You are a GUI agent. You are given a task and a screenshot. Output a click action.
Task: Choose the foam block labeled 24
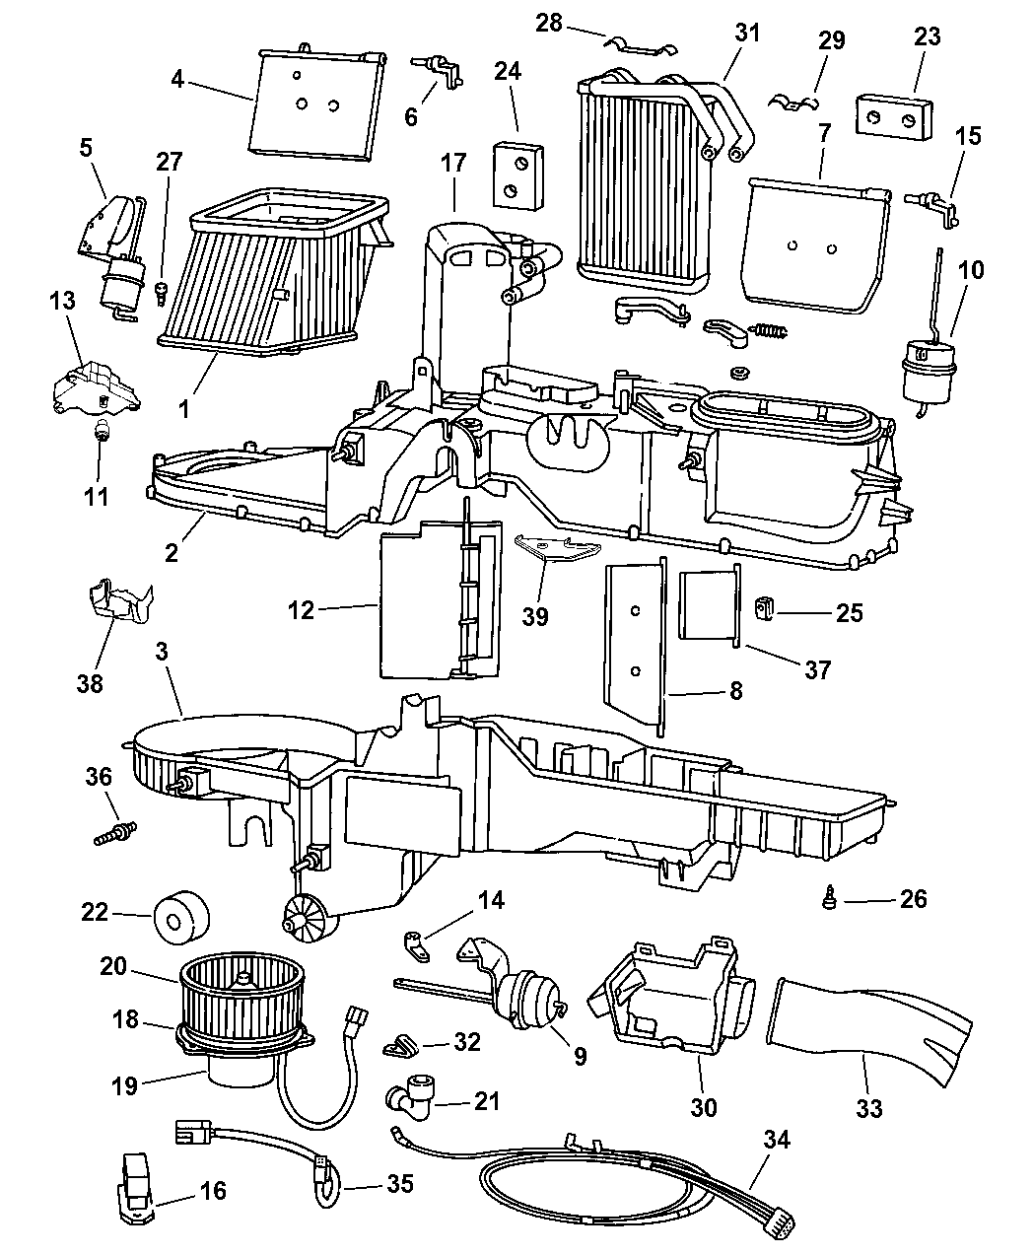point(518,174)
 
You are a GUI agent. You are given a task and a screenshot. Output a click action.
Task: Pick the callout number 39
point(536,616)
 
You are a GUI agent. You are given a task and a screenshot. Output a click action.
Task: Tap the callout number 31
point(748,34)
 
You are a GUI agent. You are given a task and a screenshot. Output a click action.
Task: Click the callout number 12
point(301,610)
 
